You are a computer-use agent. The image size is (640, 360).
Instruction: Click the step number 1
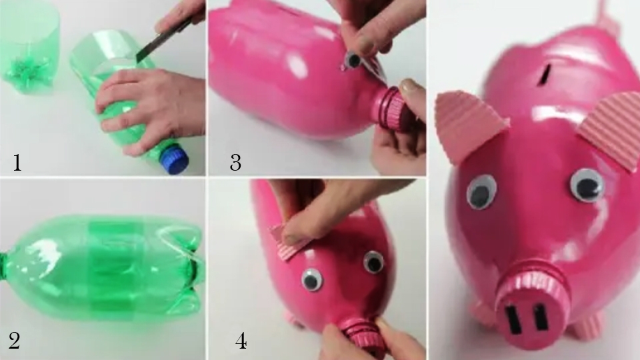pyautogui.click(x=17, y=163)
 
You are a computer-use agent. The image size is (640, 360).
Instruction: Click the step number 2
pyautogui.click(x=14, y=341)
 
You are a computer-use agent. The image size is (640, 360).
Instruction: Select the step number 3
pyautogui.click(x=235, y=163)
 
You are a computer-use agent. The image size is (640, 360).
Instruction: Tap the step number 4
pyautogui.click(x=241, y=341)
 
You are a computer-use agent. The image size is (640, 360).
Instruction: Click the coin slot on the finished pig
pyautogui.click(x=545, y=74)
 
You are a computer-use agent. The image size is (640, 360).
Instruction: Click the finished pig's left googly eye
pyautogui.click(x=482, y=191)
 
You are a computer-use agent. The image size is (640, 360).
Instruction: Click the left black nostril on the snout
pyautogui.click(x=512, y=317)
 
